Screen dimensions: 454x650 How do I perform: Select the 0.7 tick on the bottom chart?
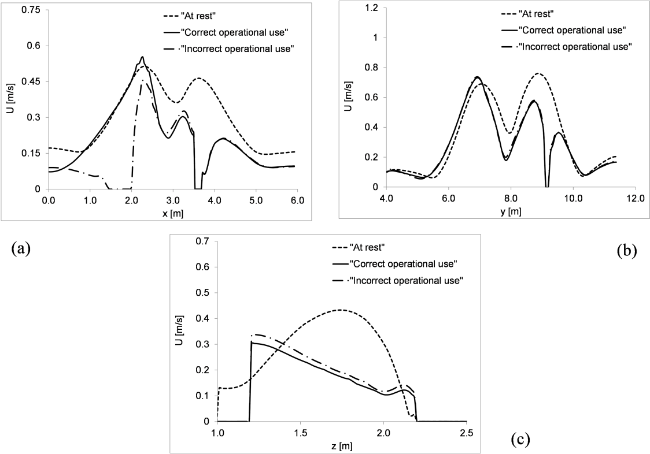pos(206,241)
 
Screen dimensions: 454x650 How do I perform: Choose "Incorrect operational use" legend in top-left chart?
pos(238,48)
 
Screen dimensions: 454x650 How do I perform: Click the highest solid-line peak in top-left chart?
pos(142,57)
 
